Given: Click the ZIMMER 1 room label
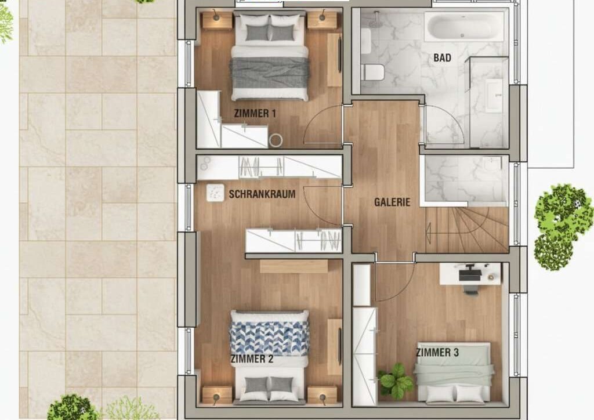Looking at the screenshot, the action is [255, 113].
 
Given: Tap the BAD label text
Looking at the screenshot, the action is [442, 58].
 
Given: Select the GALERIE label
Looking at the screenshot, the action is [392, 202].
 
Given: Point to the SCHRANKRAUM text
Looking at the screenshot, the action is [262, 194].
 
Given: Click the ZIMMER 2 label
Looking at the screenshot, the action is [252, 359].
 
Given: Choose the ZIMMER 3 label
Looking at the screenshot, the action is [437, 353].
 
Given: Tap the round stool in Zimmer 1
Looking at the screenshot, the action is [276, 140].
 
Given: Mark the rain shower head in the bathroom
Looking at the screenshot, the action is [376, 23].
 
